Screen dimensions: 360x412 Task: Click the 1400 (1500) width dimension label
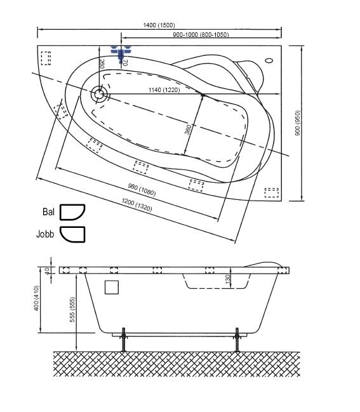(x=159, y=25)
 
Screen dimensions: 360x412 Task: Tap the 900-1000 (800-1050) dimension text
(x=201, y=35)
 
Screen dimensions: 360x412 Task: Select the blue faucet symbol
(x=121, y=53)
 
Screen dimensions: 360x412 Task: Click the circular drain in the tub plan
(x=99, y=95)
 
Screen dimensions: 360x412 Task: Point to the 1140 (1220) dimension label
(x=164, y=90)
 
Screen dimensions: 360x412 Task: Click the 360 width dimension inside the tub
(x=188, y=130)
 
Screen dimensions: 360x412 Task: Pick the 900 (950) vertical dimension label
(x=297, y=123)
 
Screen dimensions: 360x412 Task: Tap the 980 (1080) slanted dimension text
(x=142, y=190)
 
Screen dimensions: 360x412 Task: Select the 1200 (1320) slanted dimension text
(x=137, y=204)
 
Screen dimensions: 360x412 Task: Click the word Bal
(x=49, y=212)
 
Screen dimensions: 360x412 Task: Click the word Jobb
(x=45, y=234)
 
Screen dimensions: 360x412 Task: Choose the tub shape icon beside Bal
(x=72, y=212)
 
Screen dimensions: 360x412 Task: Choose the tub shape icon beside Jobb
(x=72, y=234)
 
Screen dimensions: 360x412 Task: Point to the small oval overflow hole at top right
(x=269, y=60)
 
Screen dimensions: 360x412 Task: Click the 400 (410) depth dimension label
(x=37, y=298)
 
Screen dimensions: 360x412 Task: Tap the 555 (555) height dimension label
(x=72, y=310)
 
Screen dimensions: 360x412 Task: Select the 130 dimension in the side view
(x=228, y=279)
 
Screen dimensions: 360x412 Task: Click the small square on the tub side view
(x=112, y=287)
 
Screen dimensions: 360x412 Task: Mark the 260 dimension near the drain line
(x=102, y=64)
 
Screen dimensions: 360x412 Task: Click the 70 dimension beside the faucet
(x=125, y=63)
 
